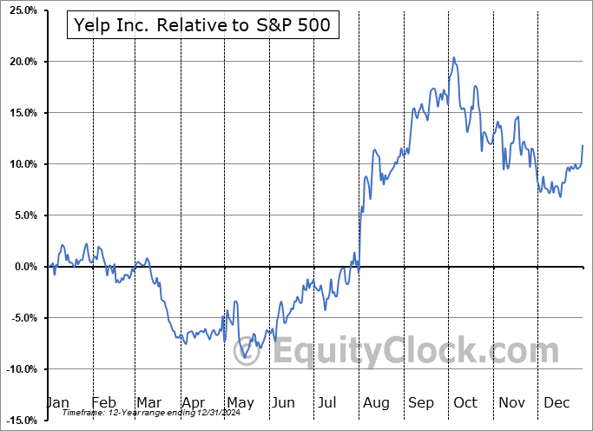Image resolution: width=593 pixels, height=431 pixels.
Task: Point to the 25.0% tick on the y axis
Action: point(21,10)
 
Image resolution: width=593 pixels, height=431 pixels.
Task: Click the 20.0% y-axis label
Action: point(21,62)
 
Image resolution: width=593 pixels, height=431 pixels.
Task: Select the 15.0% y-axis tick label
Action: point(21,113)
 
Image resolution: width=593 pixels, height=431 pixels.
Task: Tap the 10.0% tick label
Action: point(21,164)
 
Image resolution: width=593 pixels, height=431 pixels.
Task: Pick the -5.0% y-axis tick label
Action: point(21,318)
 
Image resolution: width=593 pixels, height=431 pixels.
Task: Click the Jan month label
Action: point(57,403)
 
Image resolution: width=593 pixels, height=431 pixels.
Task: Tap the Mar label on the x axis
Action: point(148,403)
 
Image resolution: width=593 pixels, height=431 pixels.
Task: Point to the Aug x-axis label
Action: point(376,403)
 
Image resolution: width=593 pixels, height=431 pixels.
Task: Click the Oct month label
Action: point(465,403)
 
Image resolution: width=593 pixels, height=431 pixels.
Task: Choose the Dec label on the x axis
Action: point(557,403)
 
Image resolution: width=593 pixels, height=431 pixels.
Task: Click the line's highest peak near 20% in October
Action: point(453,58)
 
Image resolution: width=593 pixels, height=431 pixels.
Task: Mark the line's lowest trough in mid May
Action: point(244,357)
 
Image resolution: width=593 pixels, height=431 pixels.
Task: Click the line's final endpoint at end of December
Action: point(583,145)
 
